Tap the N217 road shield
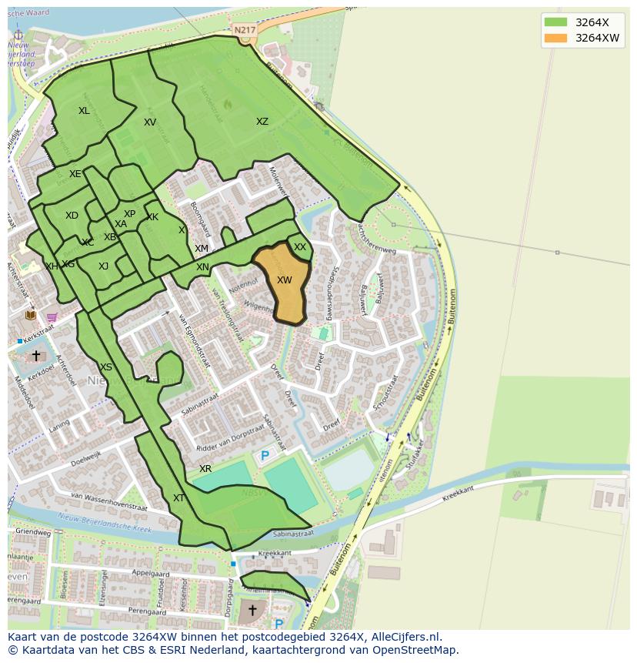[x=245, y=30]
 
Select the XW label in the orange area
[x=284, y=280]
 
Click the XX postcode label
[x=300, y=247]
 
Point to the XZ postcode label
[x=262, y=122]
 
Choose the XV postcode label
[x=150, y=122]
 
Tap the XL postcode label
[x=84, y=111]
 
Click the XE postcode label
[x=75, y=174]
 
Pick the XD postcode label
[x=72, y=216]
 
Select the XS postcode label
[x=106, y=367]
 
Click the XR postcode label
[x=205, y=469]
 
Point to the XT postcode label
[x=178, y=498]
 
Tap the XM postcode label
[x=202, y=249]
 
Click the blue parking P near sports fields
[x=265, y=456]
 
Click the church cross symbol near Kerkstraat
[x=35, y=356]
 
